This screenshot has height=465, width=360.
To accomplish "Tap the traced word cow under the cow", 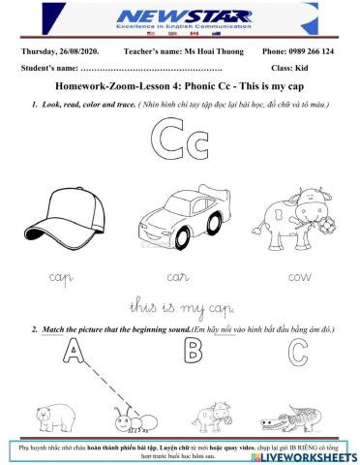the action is pyautogui.click(x=297, y=276).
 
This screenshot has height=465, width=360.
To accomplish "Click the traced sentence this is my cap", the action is pyautogui.click(x=180, y=308).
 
